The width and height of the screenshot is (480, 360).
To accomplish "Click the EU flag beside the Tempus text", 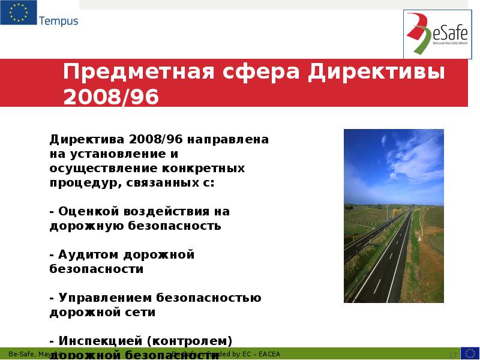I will tap(19, 13).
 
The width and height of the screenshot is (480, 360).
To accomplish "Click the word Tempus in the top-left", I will tap(59, 21).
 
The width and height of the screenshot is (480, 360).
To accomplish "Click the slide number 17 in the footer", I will tap(452, 355).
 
